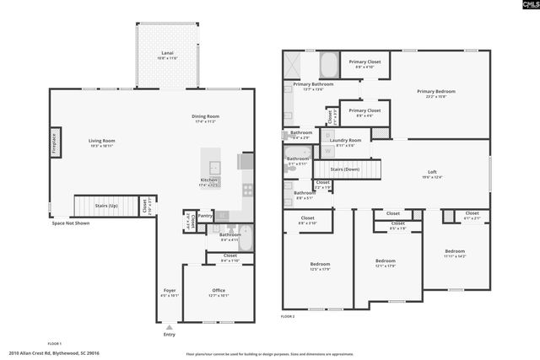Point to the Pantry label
tap(205, 215)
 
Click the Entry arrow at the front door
tap(170, 326)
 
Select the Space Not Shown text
tap(70, 223)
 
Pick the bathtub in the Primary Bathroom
tap(329, 64)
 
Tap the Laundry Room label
tap(345, 140)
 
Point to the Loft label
tap(431, 173)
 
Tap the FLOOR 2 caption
tap(288, 316)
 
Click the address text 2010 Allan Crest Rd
tap(52, 354)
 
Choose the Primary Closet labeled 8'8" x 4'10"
tap(365, 62)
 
